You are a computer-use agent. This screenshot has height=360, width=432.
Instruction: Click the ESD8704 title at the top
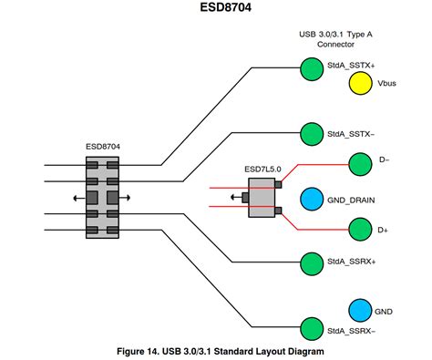215,12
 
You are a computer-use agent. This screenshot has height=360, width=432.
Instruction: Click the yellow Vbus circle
360,84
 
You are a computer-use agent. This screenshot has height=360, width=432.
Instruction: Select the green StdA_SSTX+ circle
311,67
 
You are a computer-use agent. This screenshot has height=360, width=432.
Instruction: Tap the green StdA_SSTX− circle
311,133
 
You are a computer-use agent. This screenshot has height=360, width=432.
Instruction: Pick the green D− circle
360,164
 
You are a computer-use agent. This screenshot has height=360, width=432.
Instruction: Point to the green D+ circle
360,231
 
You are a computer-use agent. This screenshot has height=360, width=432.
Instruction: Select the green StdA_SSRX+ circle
311,262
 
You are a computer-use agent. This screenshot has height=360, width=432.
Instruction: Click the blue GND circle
360,311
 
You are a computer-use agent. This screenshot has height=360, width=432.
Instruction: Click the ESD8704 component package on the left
102,197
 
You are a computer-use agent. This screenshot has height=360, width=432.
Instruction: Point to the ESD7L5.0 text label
262,170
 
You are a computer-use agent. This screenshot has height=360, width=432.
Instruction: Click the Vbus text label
388,84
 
